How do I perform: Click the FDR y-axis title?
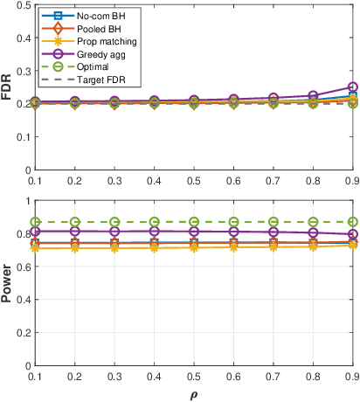point(8,87)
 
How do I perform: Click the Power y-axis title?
point(8,283)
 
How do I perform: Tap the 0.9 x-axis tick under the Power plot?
point(351,376)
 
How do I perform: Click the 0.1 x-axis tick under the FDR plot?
point(35,180)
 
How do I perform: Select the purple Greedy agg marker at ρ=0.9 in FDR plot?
point(352,87)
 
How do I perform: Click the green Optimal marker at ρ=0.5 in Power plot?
point(193,222)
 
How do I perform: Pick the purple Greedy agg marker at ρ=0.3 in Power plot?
point(114,232)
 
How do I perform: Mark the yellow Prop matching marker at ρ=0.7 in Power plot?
point(273,247)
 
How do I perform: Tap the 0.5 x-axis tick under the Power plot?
point(193,376)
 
